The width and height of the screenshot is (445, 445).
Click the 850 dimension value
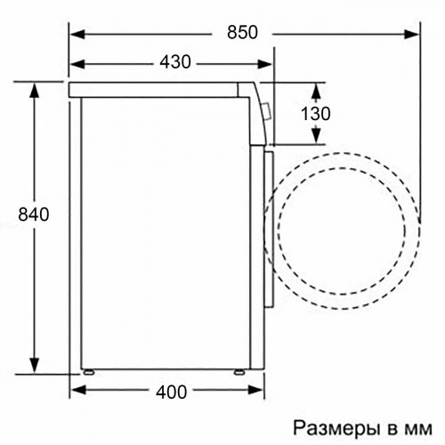[x=241, y=34]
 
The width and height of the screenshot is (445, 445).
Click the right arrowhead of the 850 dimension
[x=417, y=34]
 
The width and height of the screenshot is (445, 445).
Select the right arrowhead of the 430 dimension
[x=270, y=62]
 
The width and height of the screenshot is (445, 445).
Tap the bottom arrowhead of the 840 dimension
[x=34, y=368]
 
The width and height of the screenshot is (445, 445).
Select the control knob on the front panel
[x=268, y=109]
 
